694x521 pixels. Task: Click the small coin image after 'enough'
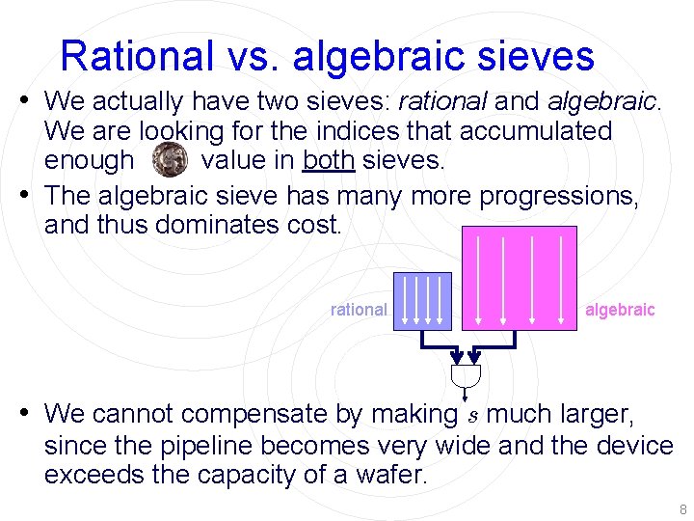171,158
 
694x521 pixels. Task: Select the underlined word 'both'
329,160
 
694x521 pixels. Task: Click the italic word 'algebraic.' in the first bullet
604,100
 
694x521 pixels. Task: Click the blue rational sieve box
422,300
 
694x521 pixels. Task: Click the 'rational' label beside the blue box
359,310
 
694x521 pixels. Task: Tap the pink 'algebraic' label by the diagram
620,310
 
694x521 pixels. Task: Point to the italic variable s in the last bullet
471,416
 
